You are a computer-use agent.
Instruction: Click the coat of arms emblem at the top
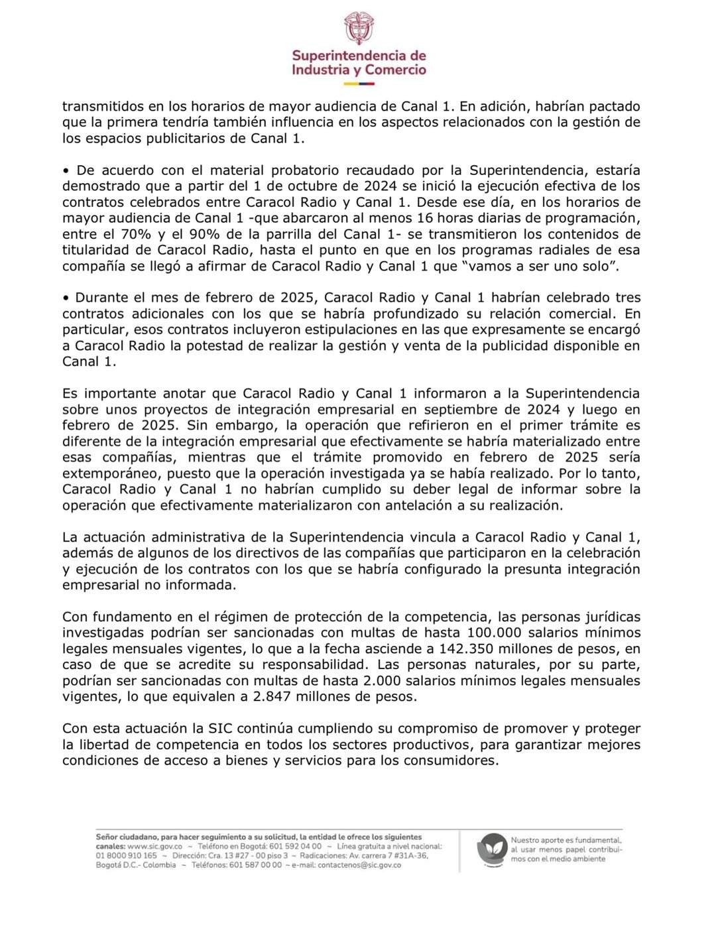point(359,29)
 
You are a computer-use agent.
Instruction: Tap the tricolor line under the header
point(359,84)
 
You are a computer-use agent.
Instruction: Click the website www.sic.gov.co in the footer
point(154,847)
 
